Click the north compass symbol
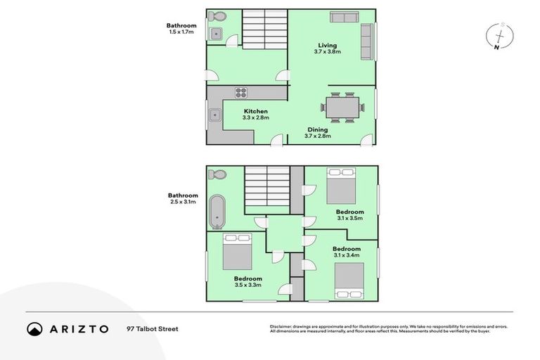[499, 36]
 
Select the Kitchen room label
[255, 112]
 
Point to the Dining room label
[318, 129]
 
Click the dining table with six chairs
[343, 107]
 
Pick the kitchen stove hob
[241, 92]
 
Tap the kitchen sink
[214, 115]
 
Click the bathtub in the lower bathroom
[217, 212]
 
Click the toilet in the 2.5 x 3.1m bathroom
[218, 174]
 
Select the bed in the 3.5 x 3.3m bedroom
[237, 252]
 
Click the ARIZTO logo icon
[34, 328]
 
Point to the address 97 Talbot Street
[153, 328]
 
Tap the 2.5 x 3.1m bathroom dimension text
[182, 202]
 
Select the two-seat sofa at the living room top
[344, 18]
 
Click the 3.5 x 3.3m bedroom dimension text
[248, 285]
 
